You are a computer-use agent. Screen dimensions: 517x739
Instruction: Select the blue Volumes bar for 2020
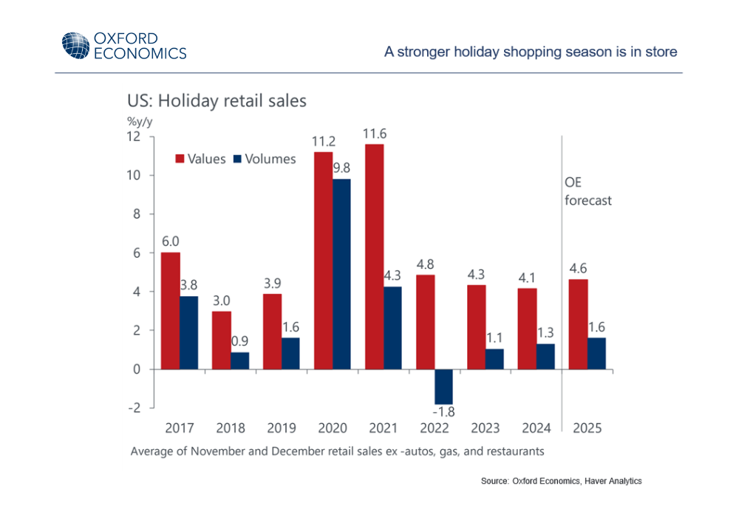pos(341,273)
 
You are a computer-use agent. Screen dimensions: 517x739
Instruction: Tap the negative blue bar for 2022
pos(443,386)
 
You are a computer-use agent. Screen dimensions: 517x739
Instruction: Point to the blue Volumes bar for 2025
pos(596,353)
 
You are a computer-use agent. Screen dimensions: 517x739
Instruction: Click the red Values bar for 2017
pos(170,310)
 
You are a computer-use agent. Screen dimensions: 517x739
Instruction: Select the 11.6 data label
pos(375,134)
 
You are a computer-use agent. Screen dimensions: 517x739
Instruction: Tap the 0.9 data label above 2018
pos(240,341)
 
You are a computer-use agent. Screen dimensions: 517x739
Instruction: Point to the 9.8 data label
pos(342,168)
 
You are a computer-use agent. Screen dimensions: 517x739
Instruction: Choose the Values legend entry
pos(200,159)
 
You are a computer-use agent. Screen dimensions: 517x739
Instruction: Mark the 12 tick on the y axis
pos(133,137)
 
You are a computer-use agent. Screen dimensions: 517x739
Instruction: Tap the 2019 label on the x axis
pos(281,428)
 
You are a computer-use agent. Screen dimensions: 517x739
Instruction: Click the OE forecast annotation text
pos(588,191)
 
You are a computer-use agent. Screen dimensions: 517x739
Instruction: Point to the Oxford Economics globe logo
pos(75,46)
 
